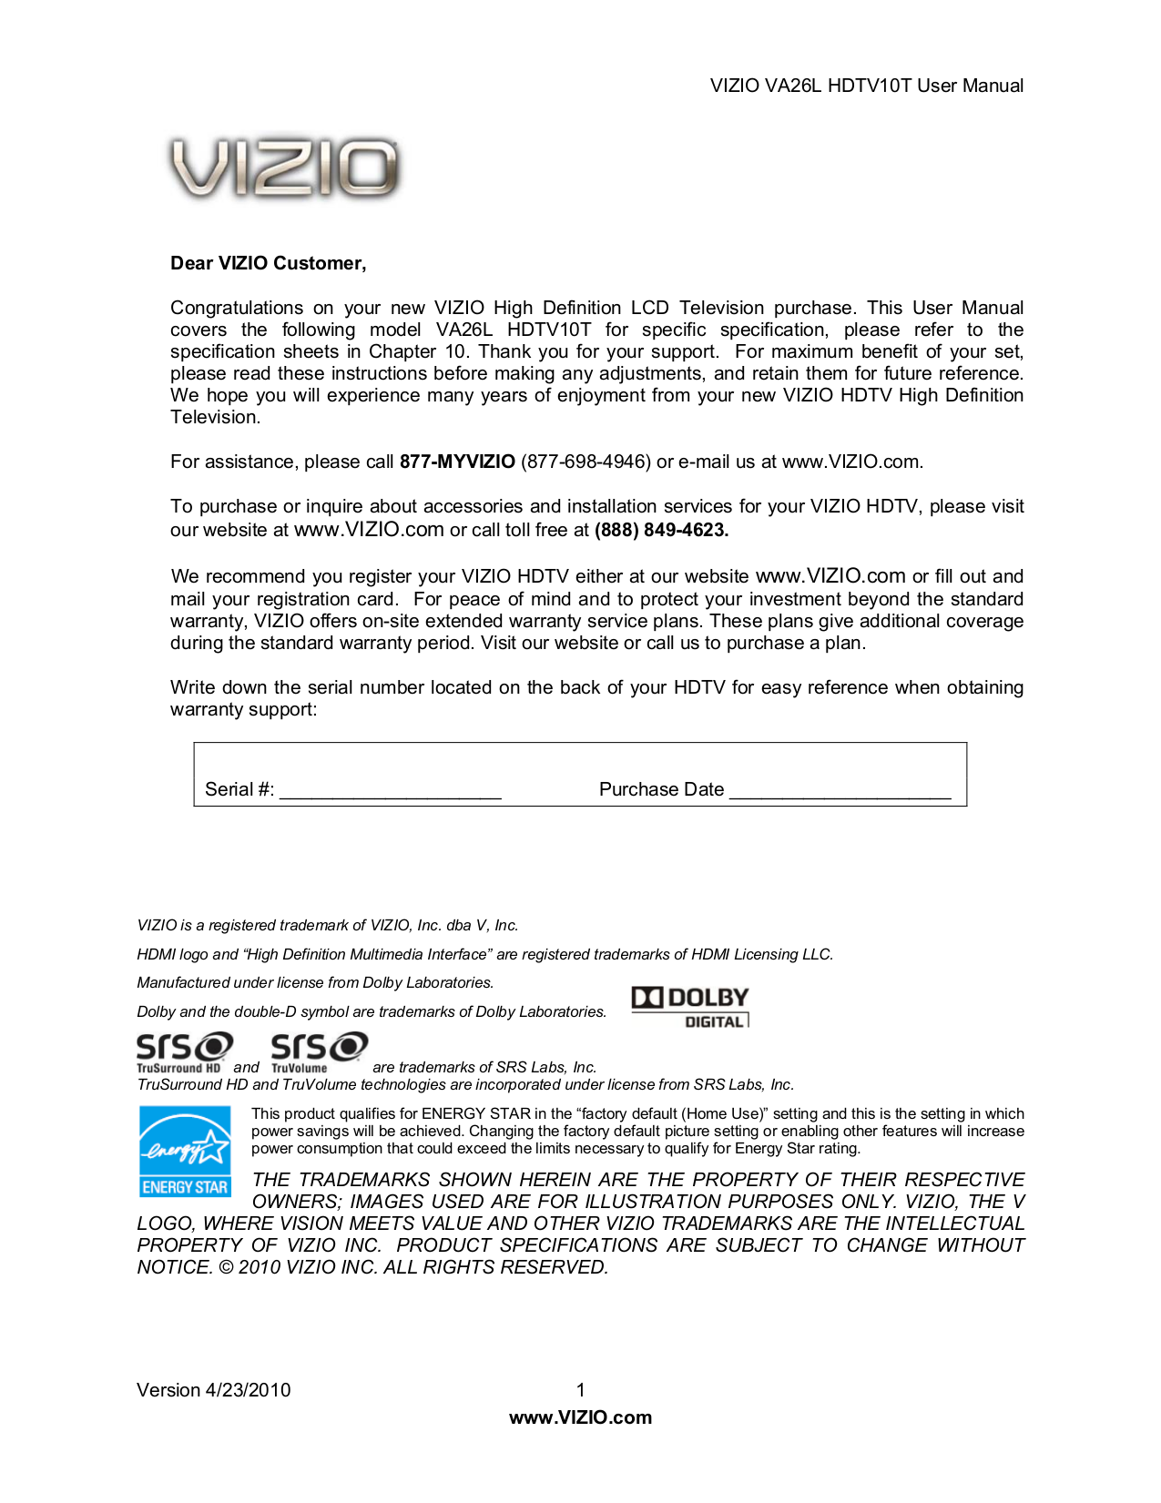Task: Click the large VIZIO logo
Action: point(284,168)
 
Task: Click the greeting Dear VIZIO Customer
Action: point(268,263)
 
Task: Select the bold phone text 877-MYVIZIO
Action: point(457,462)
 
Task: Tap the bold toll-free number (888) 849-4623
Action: point(661,530)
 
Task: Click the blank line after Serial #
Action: point(390,790)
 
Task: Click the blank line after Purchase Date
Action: point(840,790)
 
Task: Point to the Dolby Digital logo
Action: point(690,1007)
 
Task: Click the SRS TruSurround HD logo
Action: point(184,1051)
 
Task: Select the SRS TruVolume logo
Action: point(319,1051)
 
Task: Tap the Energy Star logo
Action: point(185,1151)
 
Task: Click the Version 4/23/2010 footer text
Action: point(213,1390)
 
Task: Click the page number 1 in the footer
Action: point(580,1390)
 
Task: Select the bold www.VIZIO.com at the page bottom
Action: point(580,1417)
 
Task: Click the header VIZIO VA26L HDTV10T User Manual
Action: point(866,86)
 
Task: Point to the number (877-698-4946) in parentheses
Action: point(586,462)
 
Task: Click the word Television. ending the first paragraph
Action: point(215,418)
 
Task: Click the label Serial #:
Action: point(239,789)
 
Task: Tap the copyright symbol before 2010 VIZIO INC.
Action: point(226,1267)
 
